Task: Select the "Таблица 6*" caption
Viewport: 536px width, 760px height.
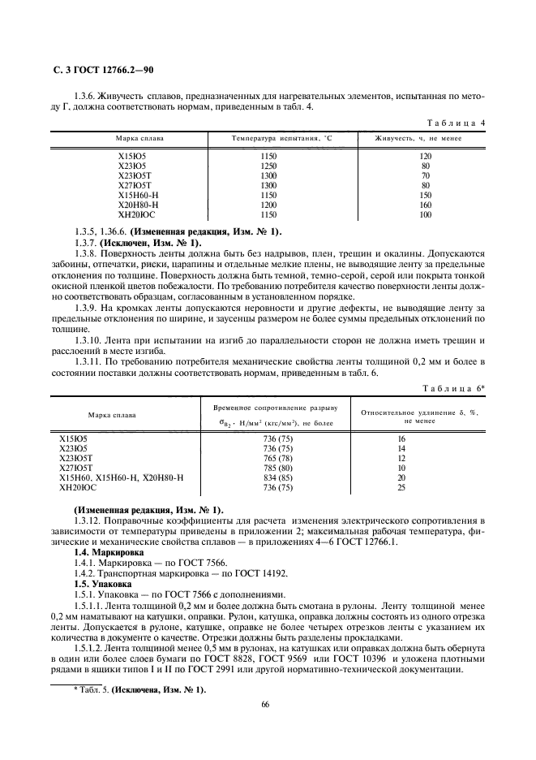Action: (455, 389)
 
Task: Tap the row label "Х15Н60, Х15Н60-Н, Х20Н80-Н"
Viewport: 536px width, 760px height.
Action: (122, 477)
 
